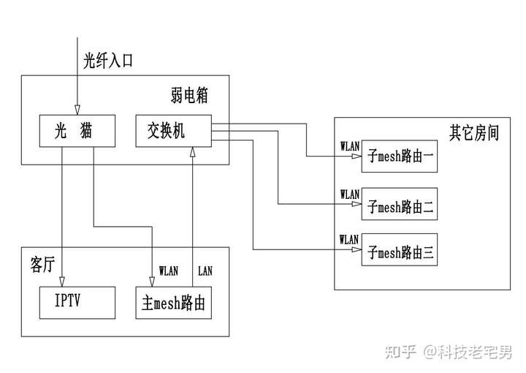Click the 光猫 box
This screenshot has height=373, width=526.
click(x=76, y=131)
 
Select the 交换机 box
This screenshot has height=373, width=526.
click(x=174, y=131)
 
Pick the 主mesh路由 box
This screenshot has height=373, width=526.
click(x=174, y=303)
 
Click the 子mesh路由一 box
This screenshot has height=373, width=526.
click(x=400, y=156)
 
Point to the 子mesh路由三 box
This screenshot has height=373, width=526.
click(x=400, y=252)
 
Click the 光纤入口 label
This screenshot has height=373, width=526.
click(x=108, y=60)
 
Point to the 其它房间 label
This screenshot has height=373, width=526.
click(x=473, y=134)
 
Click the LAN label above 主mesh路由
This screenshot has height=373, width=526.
click(x=206, y=271)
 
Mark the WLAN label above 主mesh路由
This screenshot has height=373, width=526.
click(x=168, y=271)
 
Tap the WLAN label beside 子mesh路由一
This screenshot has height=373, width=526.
click(x=350, y=145)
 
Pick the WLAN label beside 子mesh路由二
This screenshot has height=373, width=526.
click(x=350, y=195)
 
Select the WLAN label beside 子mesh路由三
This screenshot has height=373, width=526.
click(x=350, y=240)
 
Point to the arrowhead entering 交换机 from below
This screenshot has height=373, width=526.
click(x=193, y=151)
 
